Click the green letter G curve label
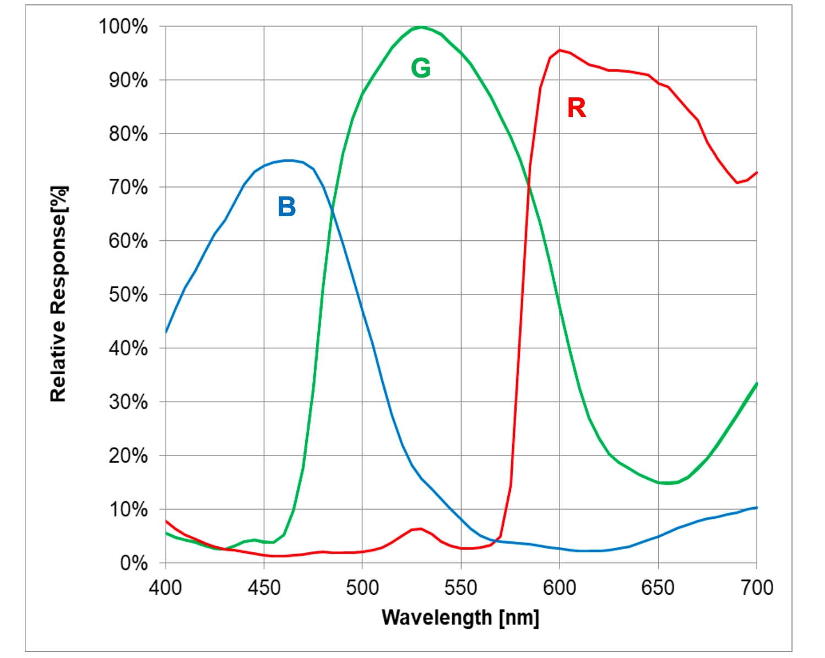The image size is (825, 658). (421, 68)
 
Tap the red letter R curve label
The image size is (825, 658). (577, 108)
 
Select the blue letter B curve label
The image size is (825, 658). (287, 207)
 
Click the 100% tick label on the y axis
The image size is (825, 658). (123, 26)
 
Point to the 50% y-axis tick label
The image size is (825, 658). (128, 295)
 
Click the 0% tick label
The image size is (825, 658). (134, 563)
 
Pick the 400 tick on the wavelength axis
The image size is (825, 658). (165, 588)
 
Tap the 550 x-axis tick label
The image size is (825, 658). (460, 588)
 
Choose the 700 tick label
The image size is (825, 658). (757, 588)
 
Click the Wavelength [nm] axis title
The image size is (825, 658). (460, 617)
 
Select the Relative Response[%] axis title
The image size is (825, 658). (58, 294)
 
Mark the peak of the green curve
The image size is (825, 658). (421, 26)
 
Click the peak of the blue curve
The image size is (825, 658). (289, 160)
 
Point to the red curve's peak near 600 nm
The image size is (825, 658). (560, 50)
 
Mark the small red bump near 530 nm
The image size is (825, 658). (420, 529)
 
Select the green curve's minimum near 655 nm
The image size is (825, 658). (667, 483)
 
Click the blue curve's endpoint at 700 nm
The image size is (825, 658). (756, 507)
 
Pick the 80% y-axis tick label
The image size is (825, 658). (128, 134)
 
